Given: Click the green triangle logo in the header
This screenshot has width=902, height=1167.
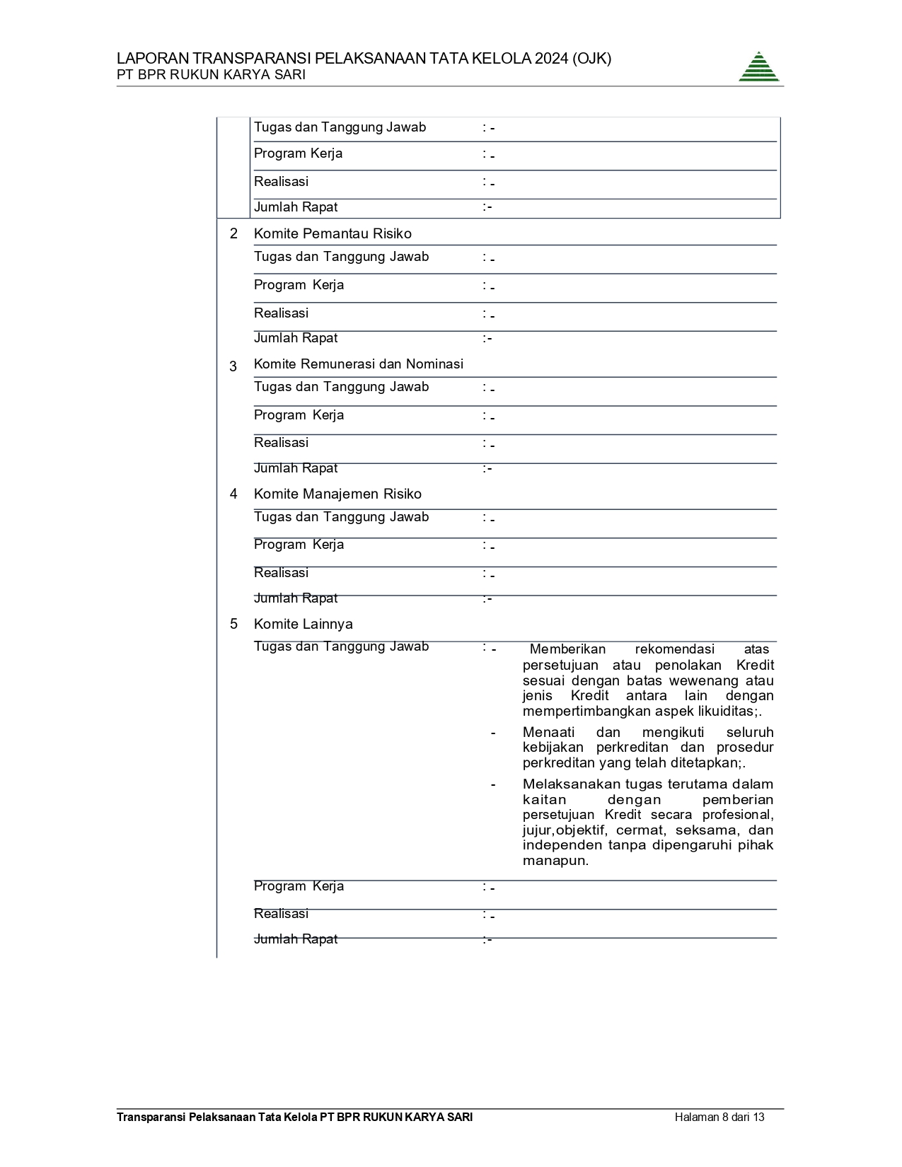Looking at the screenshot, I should coord(759,67).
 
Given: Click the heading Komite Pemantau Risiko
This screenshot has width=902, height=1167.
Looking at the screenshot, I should coord(333,233).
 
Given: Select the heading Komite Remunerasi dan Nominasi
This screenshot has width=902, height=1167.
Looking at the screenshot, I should coord(358,364).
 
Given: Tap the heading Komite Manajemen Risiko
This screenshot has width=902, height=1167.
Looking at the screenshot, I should coord(337,494).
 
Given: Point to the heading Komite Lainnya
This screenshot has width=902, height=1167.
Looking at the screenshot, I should coord(303,624).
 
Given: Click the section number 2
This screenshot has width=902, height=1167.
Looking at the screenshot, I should coord(233,233).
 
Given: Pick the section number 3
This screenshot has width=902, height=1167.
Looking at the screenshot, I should coord(233,366).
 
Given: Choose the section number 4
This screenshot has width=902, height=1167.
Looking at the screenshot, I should coord(233,494).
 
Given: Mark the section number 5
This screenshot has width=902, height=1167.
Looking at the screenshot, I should coord(233,624).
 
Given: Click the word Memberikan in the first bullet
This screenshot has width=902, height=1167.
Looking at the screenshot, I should coord(567,649).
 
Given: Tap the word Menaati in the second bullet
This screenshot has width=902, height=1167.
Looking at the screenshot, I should coord(548,732).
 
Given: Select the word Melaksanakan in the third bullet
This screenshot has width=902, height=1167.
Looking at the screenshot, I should coord(564,784).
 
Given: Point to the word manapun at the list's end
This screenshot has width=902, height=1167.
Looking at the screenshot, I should coord(555,861).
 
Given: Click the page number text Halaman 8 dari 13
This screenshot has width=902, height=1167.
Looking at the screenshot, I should coord(719,1117).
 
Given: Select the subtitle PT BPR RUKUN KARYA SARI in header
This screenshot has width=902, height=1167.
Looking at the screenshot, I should coord(211,75).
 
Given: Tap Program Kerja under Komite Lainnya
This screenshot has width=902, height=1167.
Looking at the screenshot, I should coord(299,886).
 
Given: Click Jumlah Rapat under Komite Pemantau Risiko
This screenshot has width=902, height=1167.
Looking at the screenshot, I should coord(296,338).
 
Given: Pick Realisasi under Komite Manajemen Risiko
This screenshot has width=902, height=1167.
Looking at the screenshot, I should coord(281,573).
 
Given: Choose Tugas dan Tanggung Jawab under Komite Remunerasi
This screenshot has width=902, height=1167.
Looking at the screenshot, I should coord(341,387).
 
